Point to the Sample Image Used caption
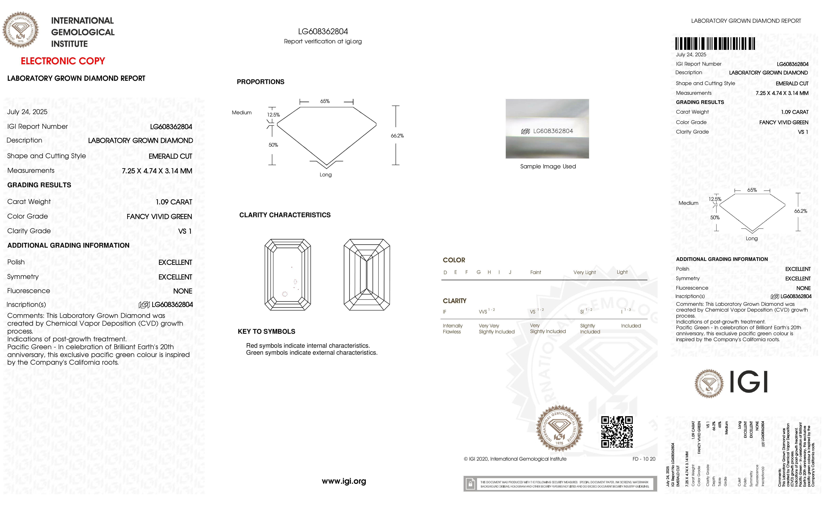(x=548, y=166)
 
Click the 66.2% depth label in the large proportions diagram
(x=397, y=136)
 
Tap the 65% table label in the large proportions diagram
(x=325, y=101)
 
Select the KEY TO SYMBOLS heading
(x=266, y=331)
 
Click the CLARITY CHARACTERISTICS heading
(x=285, y=215)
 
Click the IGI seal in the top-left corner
(x=21, y=30)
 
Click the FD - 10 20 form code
(x=644, y=459)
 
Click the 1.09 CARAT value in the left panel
(x=174, y=202)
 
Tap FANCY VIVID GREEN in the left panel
(x=159, y=217)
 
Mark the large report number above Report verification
(x=323, y=31)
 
